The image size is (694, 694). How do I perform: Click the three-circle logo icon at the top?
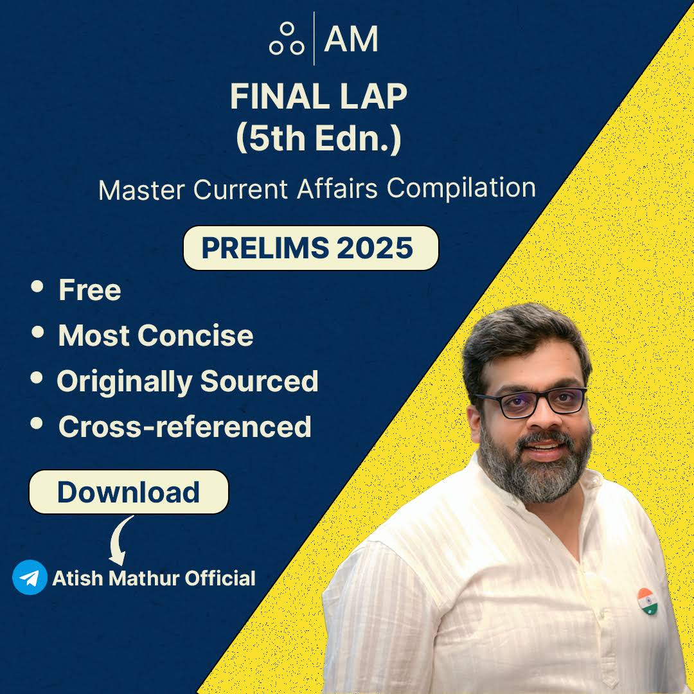(287, 40)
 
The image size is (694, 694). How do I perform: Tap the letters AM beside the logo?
(351, 40)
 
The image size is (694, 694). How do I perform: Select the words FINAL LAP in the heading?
(319, 98)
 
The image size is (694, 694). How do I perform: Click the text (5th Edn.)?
(319, 139)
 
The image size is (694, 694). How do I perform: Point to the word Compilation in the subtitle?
(461, 188)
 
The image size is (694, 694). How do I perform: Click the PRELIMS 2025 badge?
(310, 248)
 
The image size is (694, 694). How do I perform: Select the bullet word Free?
(89, 290)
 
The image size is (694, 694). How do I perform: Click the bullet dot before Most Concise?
(38, 332)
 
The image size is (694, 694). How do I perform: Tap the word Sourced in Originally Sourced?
(259, 381)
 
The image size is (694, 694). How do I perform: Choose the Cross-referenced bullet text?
(184, 427)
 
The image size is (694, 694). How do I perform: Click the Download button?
(129, 492)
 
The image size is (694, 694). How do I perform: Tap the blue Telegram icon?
(30, 577)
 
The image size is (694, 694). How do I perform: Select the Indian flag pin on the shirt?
(647, 600)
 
